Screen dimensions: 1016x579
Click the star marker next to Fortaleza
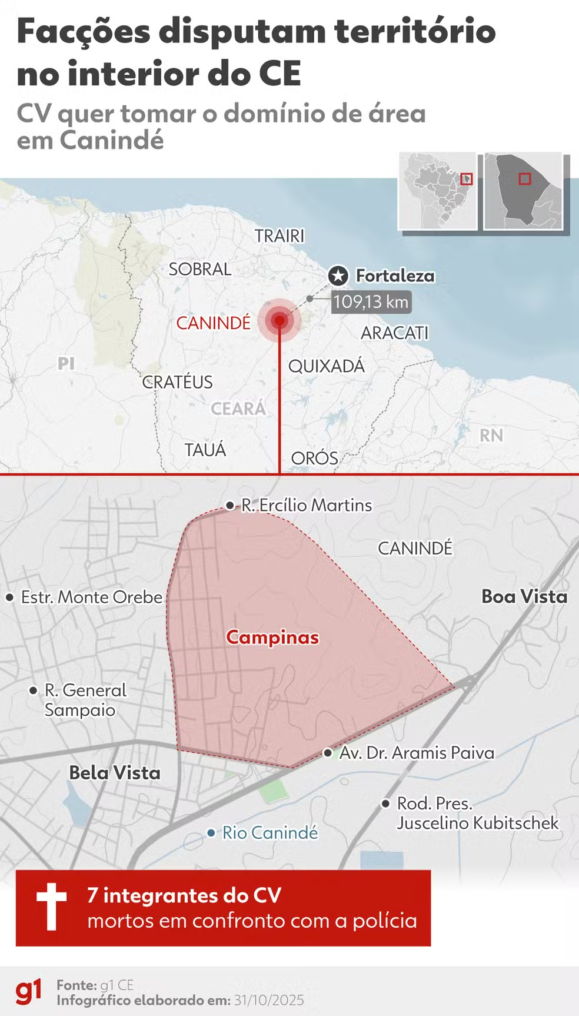[338, 275]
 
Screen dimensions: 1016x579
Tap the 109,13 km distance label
[371, 302]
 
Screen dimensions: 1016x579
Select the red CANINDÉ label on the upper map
[213, 323]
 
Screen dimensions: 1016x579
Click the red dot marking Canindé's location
[279, 320]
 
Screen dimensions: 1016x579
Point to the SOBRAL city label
[199, 269]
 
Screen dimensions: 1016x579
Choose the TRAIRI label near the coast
[279, 235]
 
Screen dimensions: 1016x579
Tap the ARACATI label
[394, 333]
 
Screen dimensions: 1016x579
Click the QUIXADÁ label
[326, 366]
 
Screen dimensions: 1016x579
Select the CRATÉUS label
[177, 381]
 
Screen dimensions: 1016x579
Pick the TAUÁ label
[205, 450]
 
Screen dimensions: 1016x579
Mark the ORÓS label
[314, 458]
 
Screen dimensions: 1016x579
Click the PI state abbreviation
[66, 363]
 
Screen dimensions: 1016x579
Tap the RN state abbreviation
[491, 435]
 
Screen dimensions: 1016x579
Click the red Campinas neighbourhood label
[272, 637]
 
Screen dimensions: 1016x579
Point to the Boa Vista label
[524, 596]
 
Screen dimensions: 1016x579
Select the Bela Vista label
[115, 772]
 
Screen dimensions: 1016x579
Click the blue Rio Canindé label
[269, 832]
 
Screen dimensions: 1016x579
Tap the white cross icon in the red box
[51, 907]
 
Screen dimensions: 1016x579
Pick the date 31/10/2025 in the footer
[269, 1000]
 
